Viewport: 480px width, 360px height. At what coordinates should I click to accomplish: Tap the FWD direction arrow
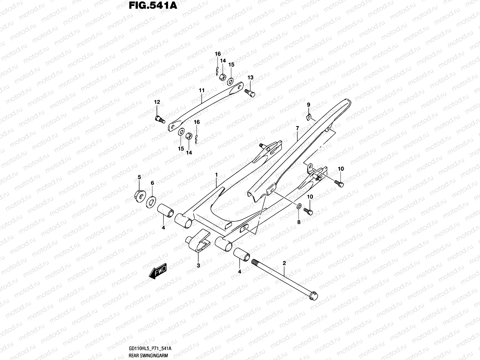click(x=157, y=272)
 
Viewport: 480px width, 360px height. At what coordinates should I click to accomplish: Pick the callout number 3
click(x=198, y=265)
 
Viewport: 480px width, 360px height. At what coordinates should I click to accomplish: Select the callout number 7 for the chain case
click(x=297, y=128)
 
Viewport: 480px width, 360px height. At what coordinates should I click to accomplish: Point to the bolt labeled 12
click(x=160, y=119)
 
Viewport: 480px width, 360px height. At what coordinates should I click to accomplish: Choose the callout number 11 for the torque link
click(x=201, y=90)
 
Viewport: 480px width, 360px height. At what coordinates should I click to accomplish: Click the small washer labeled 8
click(x=299, y=207)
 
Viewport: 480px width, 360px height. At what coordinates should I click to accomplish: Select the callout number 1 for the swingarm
click(x=216, y=174)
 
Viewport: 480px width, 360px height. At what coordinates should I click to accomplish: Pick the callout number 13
click(x=250, y=77)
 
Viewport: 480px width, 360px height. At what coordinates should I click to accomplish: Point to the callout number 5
click(x=139, y=177)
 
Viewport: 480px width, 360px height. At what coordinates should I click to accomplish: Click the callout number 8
click(x=298, y=222)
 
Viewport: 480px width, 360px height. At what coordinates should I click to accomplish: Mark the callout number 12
click(x=157, y=102)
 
